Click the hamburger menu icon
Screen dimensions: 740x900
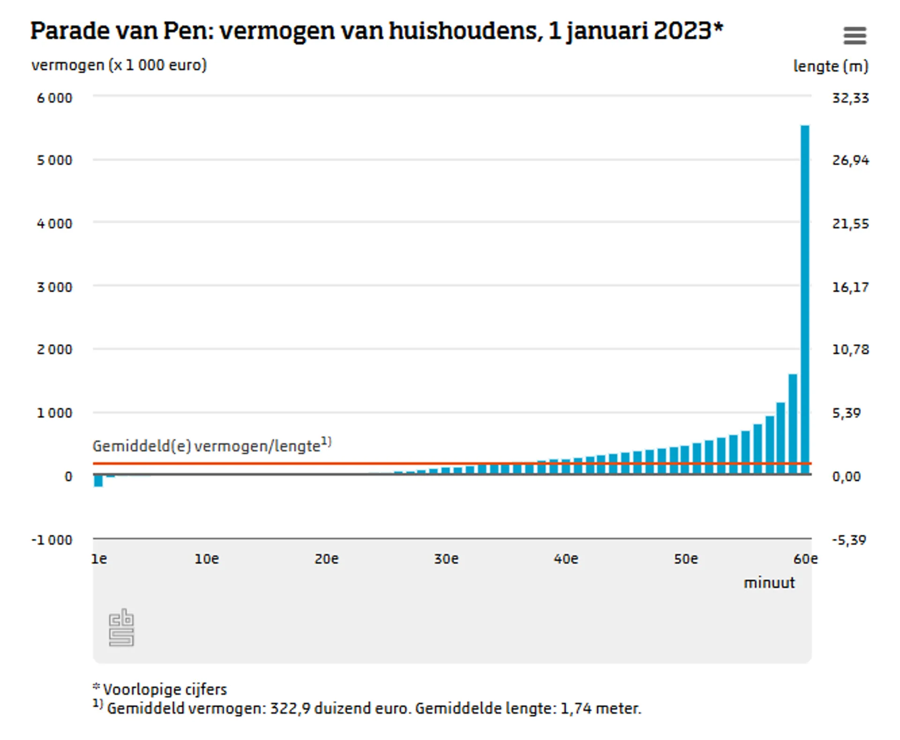[x=855, y=36]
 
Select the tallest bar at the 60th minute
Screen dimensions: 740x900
[x=804, y=300]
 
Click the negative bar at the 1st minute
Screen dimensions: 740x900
[x=98, y=481]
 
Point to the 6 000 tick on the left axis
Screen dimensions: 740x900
[x=55, y=98]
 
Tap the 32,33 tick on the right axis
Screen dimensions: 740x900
[x=850, y=98]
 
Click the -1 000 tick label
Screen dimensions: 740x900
[x=52, y=540]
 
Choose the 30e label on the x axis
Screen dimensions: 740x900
[x=446, y=559]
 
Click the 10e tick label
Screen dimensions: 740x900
[x=207, y=559]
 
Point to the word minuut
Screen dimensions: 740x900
[x=769, y=583]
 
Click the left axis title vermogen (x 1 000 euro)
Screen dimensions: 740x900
[x=119, y=65]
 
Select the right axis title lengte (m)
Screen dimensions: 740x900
[x=831, y=66]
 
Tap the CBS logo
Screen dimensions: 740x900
[x=121, y=627]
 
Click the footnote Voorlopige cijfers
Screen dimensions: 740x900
[x=165, y=689]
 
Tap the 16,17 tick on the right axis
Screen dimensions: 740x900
[x=850, y=287]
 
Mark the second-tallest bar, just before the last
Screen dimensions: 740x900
[x=793, y=424]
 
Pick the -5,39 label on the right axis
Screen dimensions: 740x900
[x=849, y=540]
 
